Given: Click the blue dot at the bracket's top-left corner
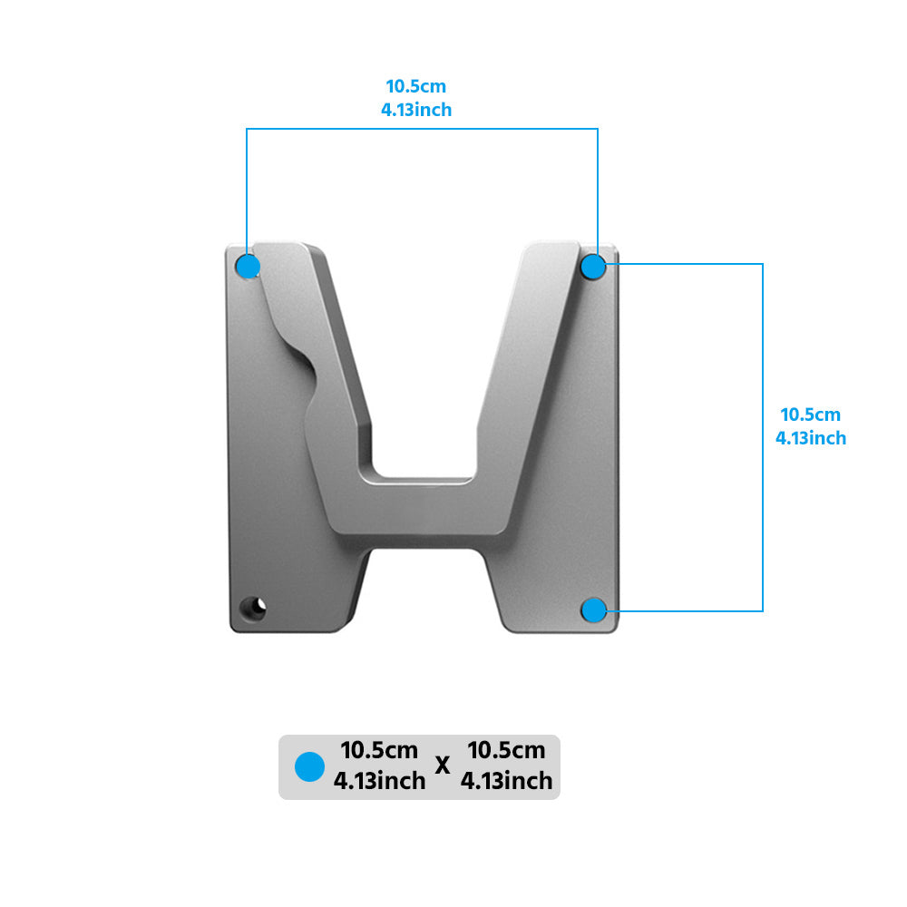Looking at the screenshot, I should coord(248,267).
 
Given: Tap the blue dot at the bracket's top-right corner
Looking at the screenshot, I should coord(593,267).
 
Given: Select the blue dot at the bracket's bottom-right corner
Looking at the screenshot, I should coord(593,610).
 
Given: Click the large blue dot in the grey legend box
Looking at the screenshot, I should coord(310,767).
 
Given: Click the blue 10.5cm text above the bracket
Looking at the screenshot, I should coord(416,87).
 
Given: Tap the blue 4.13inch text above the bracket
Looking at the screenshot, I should coord(416,110).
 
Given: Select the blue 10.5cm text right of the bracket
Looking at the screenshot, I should coord(811,414).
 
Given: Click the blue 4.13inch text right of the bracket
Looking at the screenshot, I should coord(811,438).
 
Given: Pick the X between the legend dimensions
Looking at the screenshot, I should coord(443,766).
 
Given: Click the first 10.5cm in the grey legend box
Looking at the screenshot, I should coord(379,751).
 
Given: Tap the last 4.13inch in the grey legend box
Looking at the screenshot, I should coord(506,781).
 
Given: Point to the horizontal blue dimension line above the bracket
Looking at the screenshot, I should coord(422,129).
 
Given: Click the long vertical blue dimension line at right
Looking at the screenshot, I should coord(762,435).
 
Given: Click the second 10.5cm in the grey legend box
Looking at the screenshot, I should coord(506,751).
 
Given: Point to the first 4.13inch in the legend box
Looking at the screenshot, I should coord(379,781).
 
